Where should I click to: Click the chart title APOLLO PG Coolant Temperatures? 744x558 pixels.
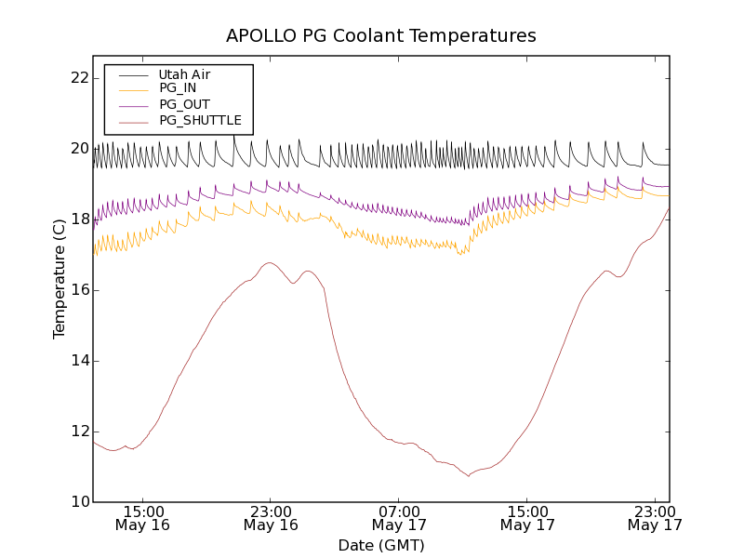coord(381,35)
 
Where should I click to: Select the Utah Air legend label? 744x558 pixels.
coord(184,74)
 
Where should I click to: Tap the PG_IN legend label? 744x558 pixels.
coord(178,88)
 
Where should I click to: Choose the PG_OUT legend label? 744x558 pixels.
coord(184,104)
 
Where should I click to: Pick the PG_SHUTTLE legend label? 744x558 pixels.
coord(200,120)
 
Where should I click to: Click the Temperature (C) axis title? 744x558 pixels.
coord(60,279)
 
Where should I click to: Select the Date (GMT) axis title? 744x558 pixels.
coord(381,545)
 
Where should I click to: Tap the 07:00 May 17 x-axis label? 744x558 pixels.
coord(399,518)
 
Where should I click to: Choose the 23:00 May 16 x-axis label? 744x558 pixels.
coord(271,518)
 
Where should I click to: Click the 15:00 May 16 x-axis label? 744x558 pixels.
coord(142,518)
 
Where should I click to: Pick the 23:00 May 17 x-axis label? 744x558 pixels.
coord(655,518)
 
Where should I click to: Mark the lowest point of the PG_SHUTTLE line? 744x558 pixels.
coord(468,476)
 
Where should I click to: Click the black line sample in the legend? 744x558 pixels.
coord(133,74)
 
